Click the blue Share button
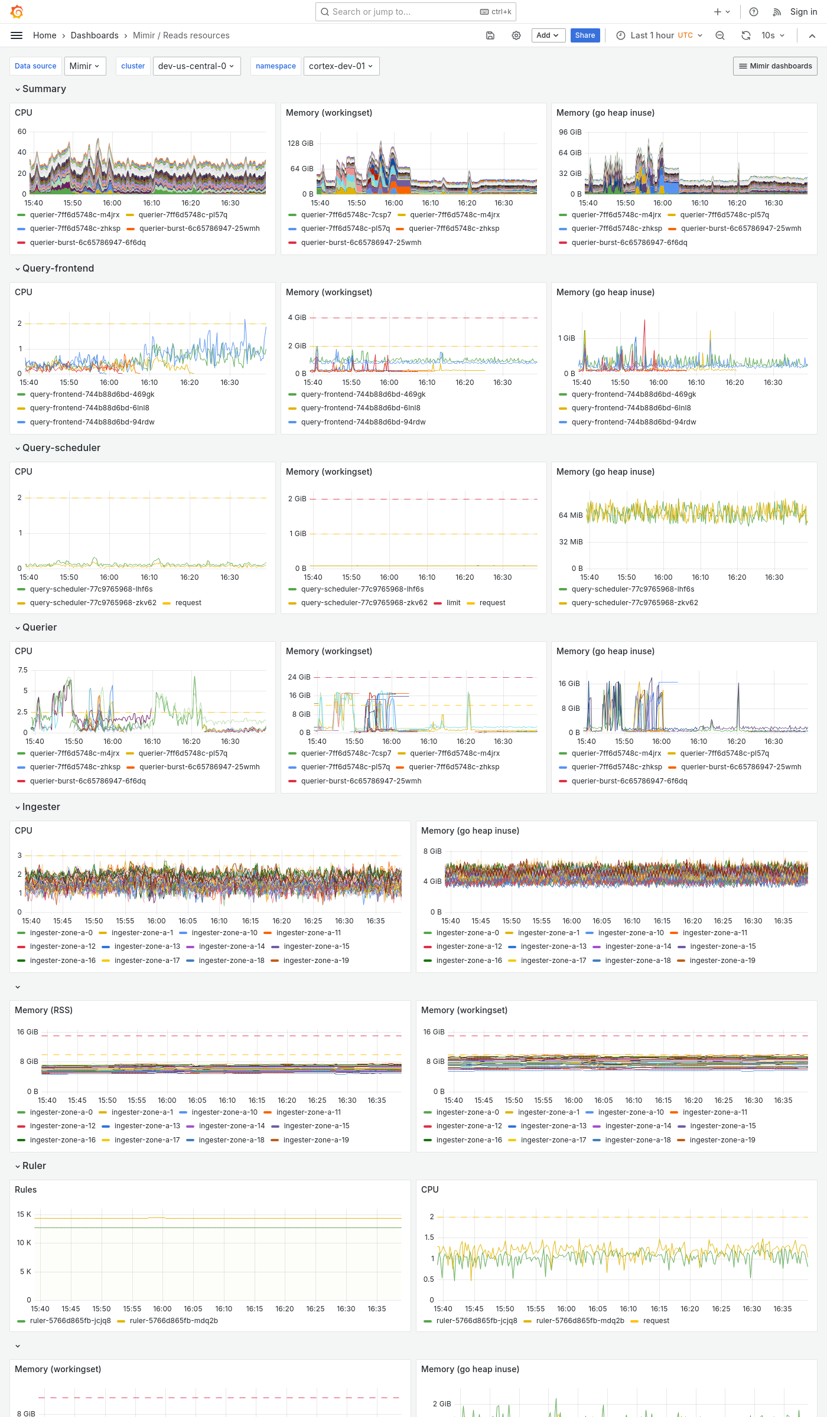click(585, 35)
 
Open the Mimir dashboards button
click(775, 66)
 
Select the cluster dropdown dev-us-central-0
click(196, 66)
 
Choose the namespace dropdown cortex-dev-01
click(341, 66)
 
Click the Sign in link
click(803, 12)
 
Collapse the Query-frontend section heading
click(58, 268)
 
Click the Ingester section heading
click(41, 807)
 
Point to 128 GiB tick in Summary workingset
click(300, 143)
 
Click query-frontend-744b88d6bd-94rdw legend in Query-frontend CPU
click(92, 422)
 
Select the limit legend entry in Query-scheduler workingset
click(453, 603)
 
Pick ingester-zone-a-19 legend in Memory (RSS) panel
click(316, 1140)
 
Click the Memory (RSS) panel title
click(44, 1010)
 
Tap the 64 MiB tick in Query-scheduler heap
click(570, 515)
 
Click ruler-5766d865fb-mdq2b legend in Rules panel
click(174, 1321)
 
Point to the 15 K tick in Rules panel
click(24, 1214)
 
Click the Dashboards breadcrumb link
click(95, 35)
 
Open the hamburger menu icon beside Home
click(17, 35)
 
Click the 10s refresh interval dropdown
click(772, 35)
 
